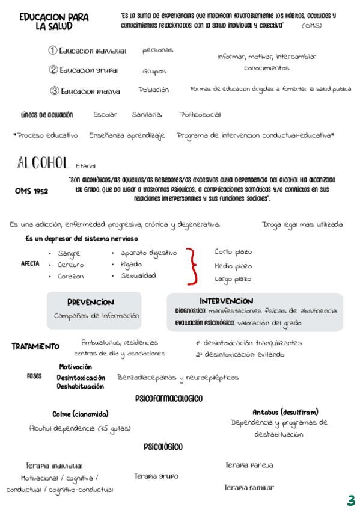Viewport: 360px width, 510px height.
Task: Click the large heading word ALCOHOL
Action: point(44,163)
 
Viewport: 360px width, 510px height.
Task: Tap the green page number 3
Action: point(351,500)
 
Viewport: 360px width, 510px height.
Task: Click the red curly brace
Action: point(193,266)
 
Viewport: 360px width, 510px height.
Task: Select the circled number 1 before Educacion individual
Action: point(53,51)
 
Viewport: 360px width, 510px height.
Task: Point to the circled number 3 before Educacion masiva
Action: point(55,91)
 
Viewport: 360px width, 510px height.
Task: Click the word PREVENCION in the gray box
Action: point(90,302)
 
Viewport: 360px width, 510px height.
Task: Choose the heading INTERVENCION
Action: point(226,301)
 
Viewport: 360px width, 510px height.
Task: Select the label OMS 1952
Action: point(32,191)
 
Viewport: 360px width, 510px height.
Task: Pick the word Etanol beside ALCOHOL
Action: point(85,166)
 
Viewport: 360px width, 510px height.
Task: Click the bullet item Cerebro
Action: point(70,265)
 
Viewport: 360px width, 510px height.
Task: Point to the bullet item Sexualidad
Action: point(138,276)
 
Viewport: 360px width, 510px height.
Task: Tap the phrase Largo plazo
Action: point(233,279)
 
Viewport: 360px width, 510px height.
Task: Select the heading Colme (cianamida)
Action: point(81,414)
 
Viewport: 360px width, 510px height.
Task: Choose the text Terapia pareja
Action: point(249,465)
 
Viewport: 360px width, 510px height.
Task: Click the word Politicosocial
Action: point(200,115)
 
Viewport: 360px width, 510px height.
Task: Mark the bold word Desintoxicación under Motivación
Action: point(85,377)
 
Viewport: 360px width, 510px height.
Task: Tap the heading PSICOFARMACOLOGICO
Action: point(169,398)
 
